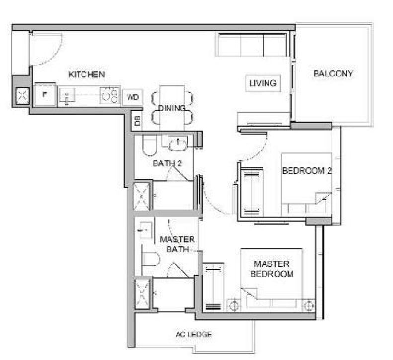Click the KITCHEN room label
pos(86,74)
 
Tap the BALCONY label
pos(333,73)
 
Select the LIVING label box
pos(263,83)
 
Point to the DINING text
pos(172,108)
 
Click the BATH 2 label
pos(167,163)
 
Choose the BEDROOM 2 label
pos(307,171)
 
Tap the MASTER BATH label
pos(177,244)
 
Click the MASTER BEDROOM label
pos(272,269)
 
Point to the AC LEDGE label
pos(194,334)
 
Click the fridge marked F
pos(45,94)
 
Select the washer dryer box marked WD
pos(133,97)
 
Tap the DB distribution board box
pos(137,121)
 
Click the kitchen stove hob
pos(109,95)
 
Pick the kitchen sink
pos(67,95)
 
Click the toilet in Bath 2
pos(150,145)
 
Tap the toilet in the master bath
pos(151,259)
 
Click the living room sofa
pos(251,45)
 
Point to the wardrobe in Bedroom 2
pos(252,191)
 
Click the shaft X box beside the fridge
pos(22,96)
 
